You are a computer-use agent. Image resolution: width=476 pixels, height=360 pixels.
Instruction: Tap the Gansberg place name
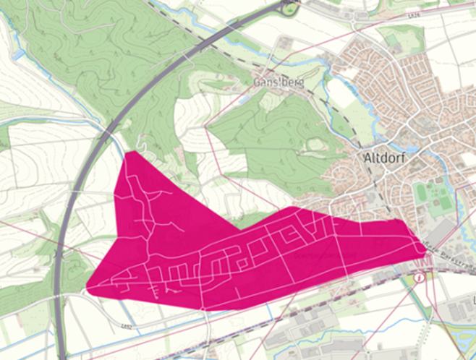pos(279,83)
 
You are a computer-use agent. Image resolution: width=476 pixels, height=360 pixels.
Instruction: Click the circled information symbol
pos(420,278)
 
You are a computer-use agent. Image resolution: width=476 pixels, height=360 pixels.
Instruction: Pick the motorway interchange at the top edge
pos(291,7)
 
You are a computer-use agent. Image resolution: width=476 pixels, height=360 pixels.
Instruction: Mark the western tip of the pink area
pos(88,289)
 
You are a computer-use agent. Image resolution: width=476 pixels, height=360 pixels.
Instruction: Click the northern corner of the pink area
pos(128,153)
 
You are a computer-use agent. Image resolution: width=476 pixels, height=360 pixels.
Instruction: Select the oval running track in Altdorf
pos(421,192)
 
